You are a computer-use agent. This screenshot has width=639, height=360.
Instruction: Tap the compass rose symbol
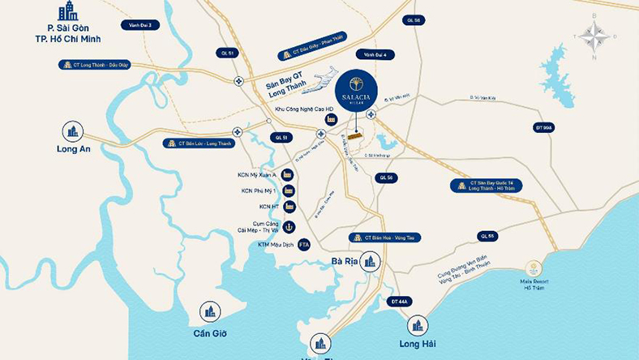tap(595, 36)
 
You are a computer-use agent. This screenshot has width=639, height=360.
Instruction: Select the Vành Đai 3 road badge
tap(140, 25)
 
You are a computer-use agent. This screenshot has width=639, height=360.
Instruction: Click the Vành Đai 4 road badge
tap(379, 54)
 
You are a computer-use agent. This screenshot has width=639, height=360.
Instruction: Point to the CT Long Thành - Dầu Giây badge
tap(95, 65)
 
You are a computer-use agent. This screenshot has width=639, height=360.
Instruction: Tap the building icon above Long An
tap(73, 131)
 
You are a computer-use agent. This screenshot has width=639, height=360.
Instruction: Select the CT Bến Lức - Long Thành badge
tap(197, 143)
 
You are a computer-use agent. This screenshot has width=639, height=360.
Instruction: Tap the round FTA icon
tap(304, 244)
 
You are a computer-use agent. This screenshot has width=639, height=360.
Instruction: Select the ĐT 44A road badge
tap(400, 302)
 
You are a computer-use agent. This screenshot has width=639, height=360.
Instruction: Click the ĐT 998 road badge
tap(543, 127)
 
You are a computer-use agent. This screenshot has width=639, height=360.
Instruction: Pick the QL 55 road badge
tap(487, 236)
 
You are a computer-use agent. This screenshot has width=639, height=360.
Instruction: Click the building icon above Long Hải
tap(418, 325)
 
